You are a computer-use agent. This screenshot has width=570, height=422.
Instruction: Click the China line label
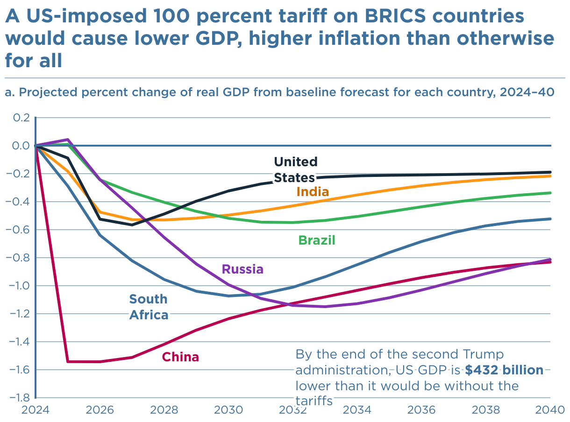[180, 357]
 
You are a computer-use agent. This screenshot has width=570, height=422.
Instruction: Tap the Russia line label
[242, 269]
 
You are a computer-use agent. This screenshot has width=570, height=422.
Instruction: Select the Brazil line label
[317, 240]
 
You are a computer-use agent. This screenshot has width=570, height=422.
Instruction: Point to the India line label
[313, 192]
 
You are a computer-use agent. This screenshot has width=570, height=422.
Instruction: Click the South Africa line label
[149, 307]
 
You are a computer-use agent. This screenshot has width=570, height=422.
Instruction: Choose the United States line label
[295, 169]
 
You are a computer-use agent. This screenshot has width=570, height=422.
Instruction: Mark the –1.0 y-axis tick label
[19, 286]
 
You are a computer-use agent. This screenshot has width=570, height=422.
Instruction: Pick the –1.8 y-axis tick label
[19, 398]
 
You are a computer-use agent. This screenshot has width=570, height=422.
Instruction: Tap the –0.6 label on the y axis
[19, 230]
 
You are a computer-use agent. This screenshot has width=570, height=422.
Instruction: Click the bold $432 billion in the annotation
[504, 370]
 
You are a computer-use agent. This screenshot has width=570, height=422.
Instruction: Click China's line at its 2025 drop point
[68, 361]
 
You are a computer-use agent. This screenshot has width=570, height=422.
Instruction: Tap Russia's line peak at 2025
[68, 140]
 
